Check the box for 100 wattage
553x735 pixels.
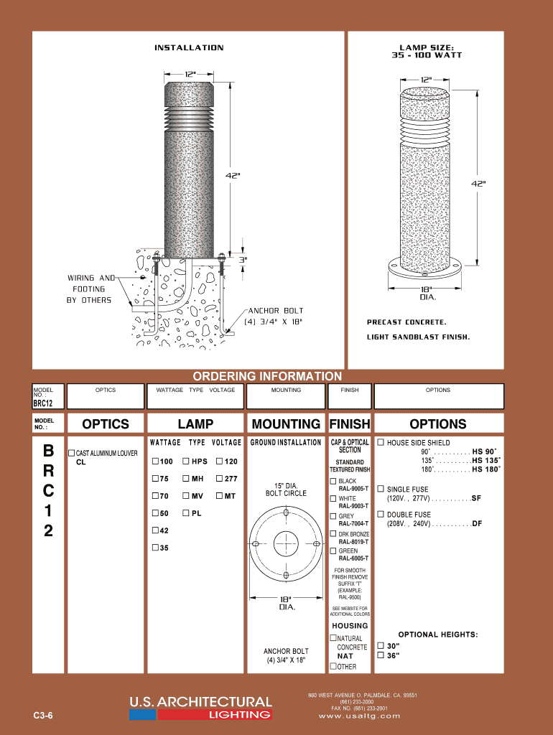(x=155, y=461)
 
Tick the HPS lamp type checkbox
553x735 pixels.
(x=186, y=461)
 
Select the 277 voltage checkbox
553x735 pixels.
(x=219, y=478)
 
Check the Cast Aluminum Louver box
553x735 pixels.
(x=71, y=454)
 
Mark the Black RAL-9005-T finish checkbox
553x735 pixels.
(x=333, y=481)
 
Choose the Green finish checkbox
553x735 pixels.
(x=333, y=551)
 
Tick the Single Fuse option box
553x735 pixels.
(x=381, y=489)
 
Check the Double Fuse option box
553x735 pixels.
(x=381, y=515)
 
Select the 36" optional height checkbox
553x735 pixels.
(x=381, y=655)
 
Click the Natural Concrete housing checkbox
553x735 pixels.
(x=333, y=638)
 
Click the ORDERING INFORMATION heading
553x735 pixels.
(x=267, y=376)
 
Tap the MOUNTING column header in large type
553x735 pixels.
(x=286, y=424)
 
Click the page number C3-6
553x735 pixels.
(x=43, y=716)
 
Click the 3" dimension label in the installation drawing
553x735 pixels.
(x=243, y=260)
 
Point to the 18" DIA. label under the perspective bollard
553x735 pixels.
(x=427, y=293)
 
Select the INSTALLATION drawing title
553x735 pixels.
(x=189, y=48)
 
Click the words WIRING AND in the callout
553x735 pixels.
(x=91, y=278)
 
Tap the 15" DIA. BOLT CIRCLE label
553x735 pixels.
(x=286, y=490)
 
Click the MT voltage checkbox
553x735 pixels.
(x=219, y=496)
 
